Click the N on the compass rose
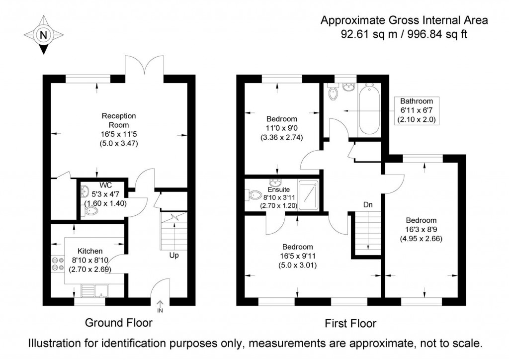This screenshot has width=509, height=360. (44, 35)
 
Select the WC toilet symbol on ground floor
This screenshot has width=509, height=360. (91, 211)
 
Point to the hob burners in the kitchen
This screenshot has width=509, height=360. (56, 264)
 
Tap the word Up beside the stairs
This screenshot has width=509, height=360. (174, 256)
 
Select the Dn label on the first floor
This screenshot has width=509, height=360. (368, 204)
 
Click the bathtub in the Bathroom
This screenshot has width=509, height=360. (369, 110)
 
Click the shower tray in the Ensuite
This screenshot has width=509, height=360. (308, 195)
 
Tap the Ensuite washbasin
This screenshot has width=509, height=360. (274, 183)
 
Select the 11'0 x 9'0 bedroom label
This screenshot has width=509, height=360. (282, 128)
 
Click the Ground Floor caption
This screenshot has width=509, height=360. (119, 323)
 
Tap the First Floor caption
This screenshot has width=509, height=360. (350, 324)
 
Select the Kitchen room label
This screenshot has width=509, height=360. (90, 251)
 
